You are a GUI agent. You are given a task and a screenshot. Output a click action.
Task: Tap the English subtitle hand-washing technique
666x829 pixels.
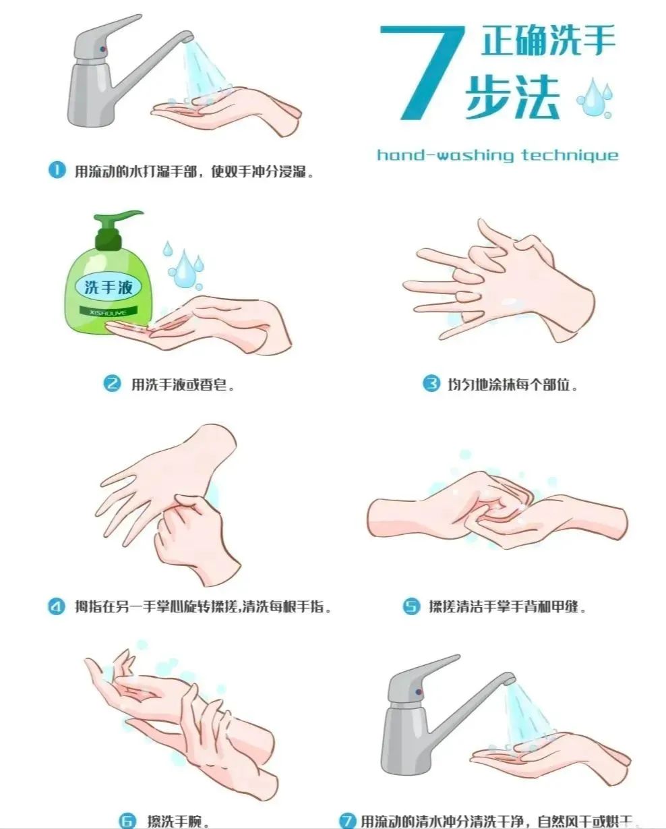click(497, 155)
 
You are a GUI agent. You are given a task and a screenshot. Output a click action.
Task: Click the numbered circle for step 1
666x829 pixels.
click(57, 170)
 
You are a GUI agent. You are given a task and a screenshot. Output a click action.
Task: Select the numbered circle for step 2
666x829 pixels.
click(113, 384)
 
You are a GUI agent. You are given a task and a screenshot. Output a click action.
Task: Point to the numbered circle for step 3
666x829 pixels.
click(431, 383)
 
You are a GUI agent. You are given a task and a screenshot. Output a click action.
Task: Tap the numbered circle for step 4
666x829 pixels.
click(57, 606)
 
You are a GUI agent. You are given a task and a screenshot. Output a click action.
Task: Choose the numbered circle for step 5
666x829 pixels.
click(411, 606)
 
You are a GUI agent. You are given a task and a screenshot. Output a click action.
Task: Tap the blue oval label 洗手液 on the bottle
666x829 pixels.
click(108, 287)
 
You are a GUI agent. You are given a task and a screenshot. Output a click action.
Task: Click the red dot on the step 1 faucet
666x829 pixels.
click(102, 49)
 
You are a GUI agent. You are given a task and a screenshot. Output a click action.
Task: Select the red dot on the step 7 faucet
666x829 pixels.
click(419, 692)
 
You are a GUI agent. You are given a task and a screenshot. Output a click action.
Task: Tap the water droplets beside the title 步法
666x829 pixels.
click(595, 98)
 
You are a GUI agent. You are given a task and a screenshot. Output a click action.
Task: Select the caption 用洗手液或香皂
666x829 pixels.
click(183, 384)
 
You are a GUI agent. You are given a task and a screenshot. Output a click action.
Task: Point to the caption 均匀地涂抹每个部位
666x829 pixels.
click(512, 384)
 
